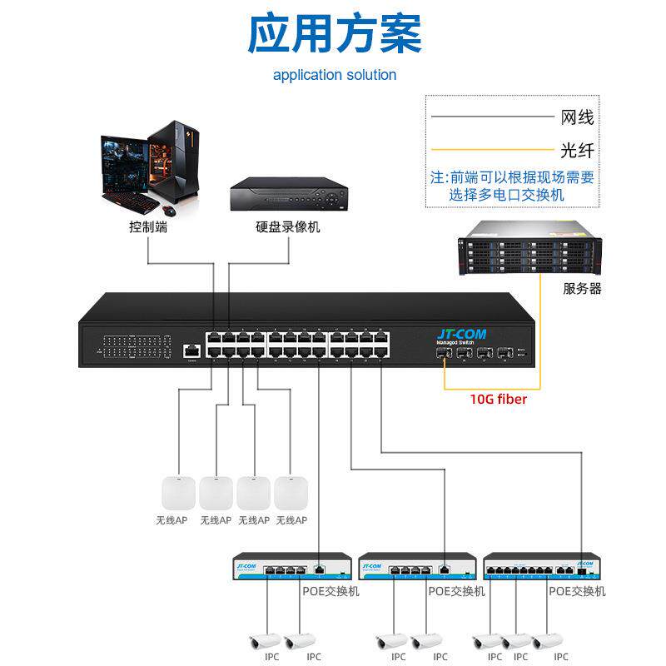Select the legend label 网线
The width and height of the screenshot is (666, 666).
[578, 117]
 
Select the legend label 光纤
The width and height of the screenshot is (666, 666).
[578, 152]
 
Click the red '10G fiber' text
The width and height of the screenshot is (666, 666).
[499, 399]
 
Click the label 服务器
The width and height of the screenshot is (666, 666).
[582, 289]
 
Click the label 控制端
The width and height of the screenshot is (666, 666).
[148, 226]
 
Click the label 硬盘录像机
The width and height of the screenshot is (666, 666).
[287, 226]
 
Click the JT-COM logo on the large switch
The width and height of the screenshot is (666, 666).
[457, 332]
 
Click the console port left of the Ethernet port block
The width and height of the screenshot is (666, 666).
[192, 351]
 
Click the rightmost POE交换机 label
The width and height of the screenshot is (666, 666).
[577, 591]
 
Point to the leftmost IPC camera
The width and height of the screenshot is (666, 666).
[266, 641]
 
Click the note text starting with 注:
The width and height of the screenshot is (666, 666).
[512, 186]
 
